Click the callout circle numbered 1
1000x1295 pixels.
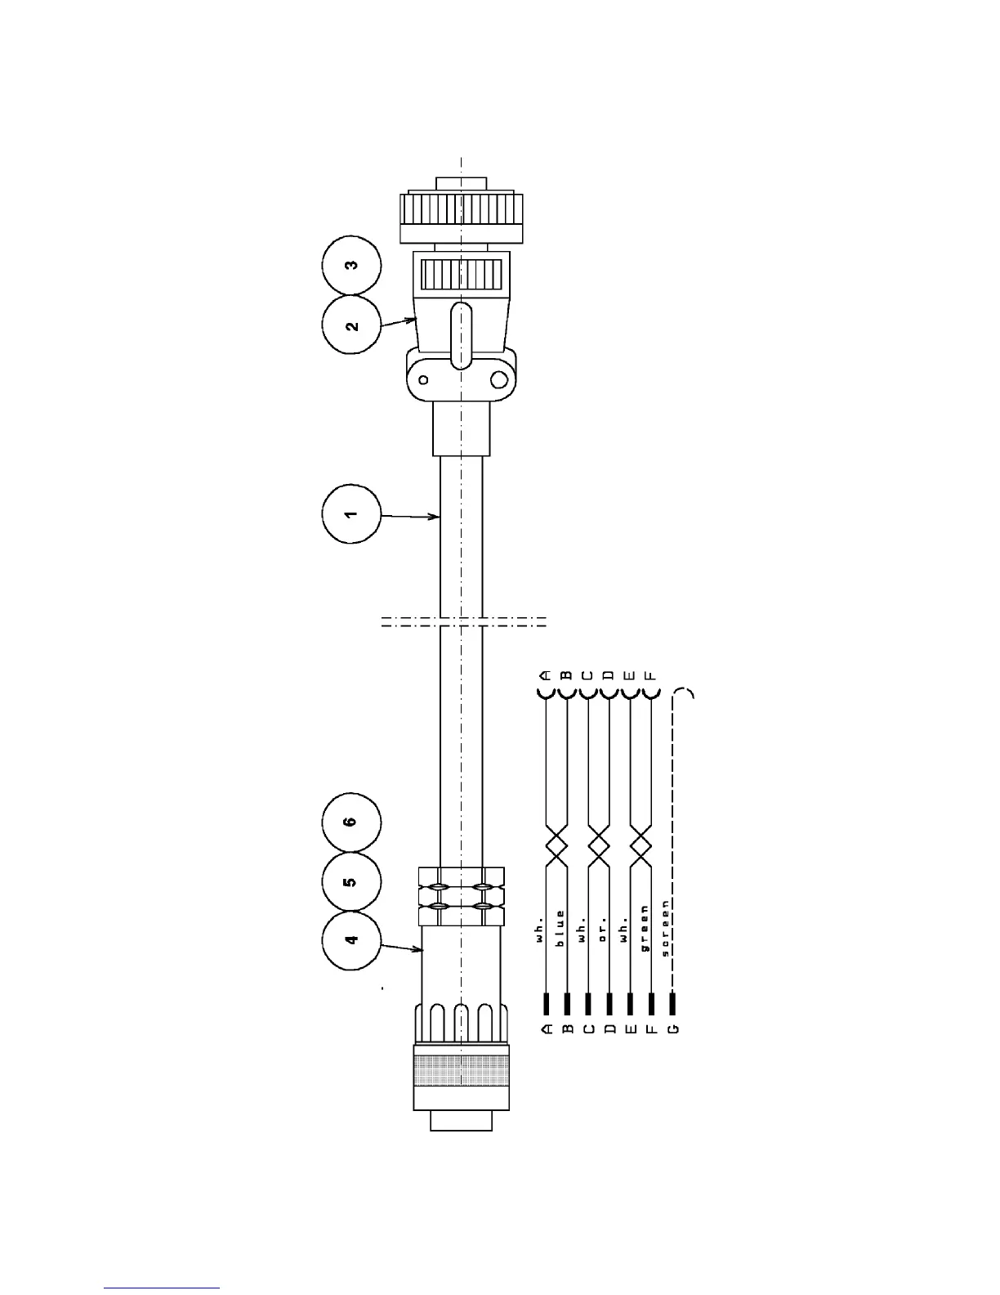[x=350, y=513]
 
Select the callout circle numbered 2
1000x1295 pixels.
[x=351, y=325]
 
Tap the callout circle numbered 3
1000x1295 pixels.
[x=351, y=266]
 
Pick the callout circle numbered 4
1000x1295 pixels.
[x=351, y=940]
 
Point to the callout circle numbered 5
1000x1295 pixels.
[x=351, y=882]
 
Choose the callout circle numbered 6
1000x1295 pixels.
[x=351, y=822]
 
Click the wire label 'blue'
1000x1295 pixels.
[x=560, y=928]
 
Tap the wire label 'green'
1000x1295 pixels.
[x=645, y=928]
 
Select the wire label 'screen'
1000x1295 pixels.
[x=666, y=928]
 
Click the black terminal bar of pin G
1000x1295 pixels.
[x=672, y=1003]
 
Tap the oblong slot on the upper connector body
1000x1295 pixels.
[x=461, y=335]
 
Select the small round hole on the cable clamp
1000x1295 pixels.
[x=423, y=379]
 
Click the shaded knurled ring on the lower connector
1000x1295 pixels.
[x=462, y=1071]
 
